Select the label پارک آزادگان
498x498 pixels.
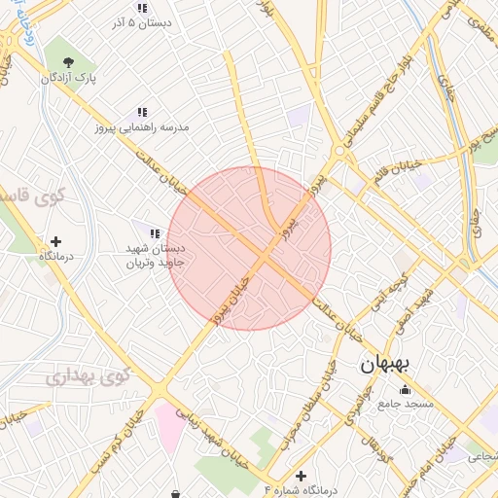pos(70,78)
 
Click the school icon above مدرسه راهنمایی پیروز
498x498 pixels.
pos(142,112)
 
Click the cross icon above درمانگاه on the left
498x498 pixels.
pos(55,240)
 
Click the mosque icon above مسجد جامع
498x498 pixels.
pos(405,390)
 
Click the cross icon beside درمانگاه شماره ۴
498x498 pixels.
pos(302,476)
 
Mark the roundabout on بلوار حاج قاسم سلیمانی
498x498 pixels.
pos(339,152)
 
